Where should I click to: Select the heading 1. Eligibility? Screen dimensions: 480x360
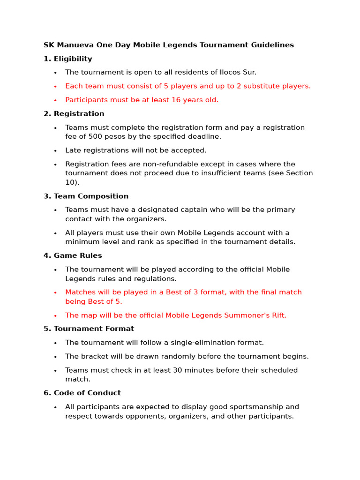click(x=68, y=59)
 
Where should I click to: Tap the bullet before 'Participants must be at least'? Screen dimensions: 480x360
click(x=55, y=100)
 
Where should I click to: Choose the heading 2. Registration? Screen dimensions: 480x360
click(x=74, y=114)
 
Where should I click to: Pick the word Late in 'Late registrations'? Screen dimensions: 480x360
click(x=74, y=150)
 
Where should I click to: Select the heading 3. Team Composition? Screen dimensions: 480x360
click(x=86, y=196)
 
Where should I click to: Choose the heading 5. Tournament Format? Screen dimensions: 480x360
click(x=89, y=329)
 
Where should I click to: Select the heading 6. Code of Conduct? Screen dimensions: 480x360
click(x=82, y=393)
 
